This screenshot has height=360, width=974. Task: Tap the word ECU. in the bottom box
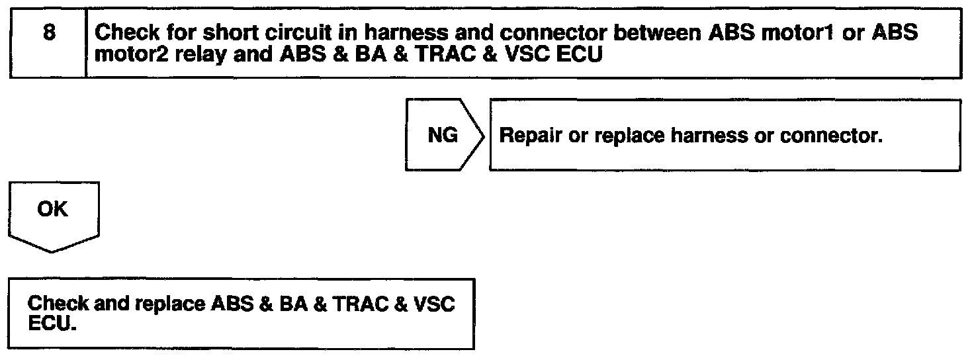[x=50, y=325]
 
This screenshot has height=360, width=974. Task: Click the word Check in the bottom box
[x=58, y=305]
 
